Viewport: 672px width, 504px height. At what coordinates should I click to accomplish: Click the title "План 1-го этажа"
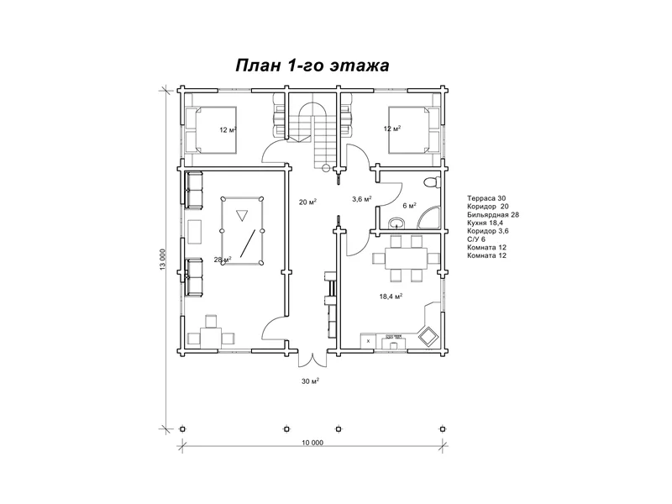312,66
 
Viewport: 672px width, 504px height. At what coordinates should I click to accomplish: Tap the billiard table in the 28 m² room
242,230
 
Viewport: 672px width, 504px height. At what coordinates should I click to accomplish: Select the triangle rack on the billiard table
242,215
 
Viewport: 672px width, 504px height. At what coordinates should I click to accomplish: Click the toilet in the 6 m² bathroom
432,182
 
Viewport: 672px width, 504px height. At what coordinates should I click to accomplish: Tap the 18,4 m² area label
391,297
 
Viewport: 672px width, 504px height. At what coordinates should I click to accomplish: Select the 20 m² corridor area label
307,202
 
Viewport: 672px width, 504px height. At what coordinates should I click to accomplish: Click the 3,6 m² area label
362,199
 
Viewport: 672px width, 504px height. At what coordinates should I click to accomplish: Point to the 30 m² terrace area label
310,381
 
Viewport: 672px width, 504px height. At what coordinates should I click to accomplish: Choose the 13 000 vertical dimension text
162,260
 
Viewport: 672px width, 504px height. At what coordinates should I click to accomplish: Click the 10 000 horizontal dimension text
312,443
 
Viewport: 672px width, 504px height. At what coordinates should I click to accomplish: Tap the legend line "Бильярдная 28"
493,215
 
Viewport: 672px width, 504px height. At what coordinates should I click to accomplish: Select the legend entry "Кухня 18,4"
485,223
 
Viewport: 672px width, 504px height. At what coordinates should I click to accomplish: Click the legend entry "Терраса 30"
486,198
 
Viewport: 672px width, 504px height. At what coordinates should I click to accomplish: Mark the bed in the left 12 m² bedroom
211,130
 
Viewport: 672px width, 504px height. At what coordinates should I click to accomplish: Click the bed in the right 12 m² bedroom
414,130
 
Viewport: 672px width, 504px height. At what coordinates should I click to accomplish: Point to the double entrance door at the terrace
312,360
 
